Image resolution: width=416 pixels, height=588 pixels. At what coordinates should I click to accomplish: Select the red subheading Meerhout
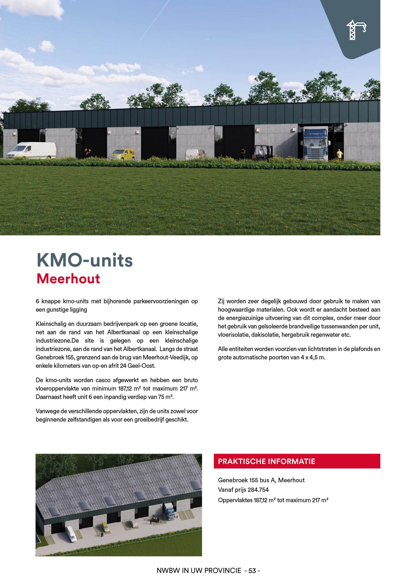[x=68, y=279]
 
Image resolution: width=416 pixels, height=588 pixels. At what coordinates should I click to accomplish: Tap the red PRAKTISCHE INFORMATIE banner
[x=297, y=461]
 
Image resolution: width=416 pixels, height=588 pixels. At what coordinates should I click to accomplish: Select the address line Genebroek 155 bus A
[x=261, y=480]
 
